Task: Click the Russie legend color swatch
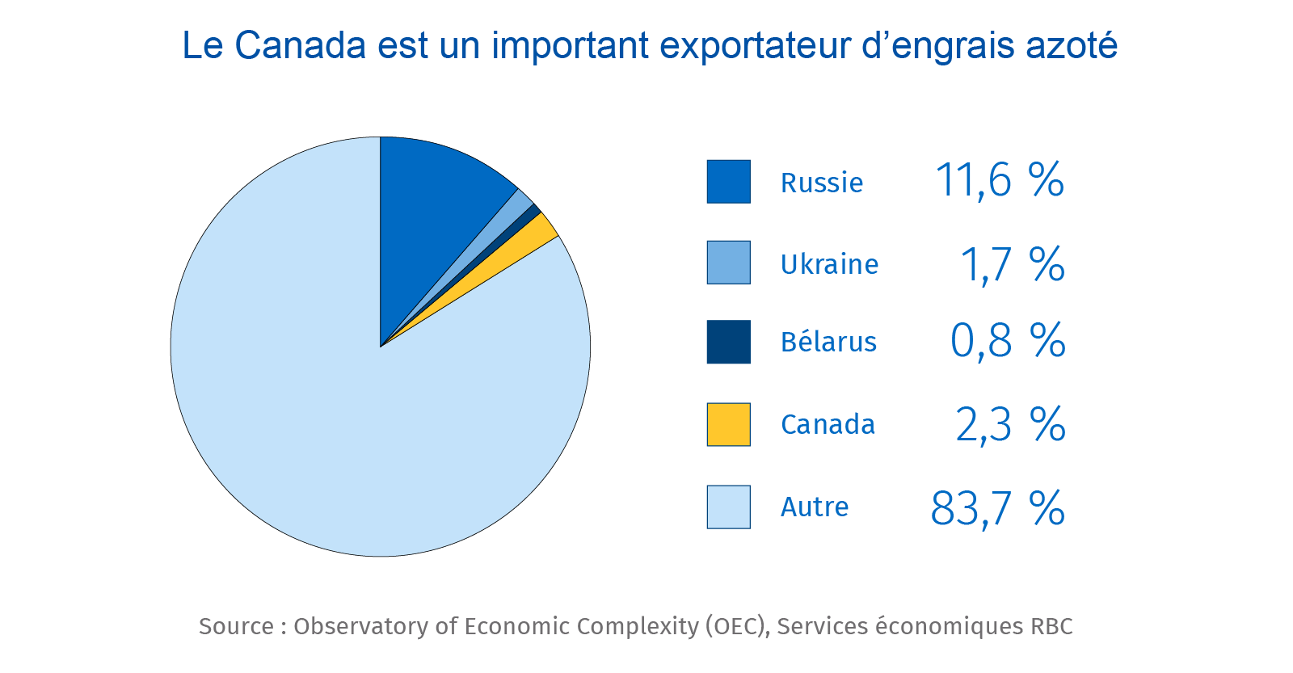(728, 182)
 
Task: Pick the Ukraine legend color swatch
(728, 263)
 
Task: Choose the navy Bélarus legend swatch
(728, 342)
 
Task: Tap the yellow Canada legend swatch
(728, 424)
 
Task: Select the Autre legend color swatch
(728, 507)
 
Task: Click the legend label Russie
(821, 183)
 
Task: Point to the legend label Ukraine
(829, 264)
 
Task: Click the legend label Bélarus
(828, 343)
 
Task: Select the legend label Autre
(815, 507)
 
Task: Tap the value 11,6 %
(999, 180)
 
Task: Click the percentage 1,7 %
(1012, 264)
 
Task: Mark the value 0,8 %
(1007, 341)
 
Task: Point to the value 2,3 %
(1010, 424)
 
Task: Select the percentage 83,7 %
(997, 508)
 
